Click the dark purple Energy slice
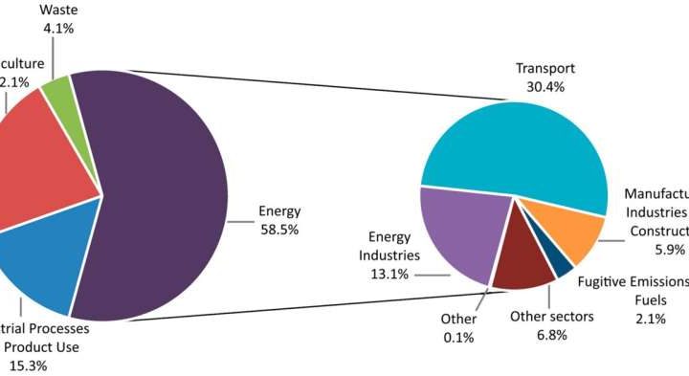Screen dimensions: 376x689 tap(163, 191)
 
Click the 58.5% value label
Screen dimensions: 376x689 tap(278, 229)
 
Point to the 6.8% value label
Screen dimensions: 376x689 tap(552, 336)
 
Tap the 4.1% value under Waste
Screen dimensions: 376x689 tap(58, 28)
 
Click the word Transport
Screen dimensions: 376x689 tap(545, 68)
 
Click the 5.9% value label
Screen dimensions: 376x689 tap(669, 251)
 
